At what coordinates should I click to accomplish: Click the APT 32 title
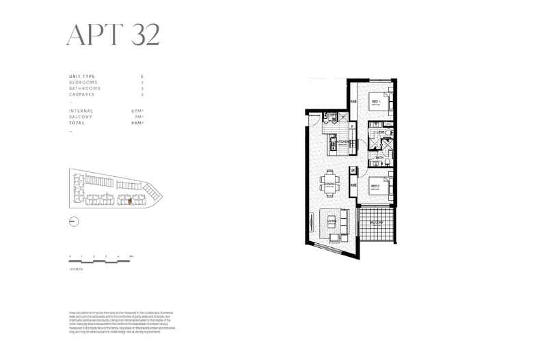(113, 34)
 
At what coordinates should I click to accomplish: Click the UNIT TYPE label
(82, 76)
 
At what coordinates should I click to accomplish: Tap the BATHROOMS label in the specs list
(85, 88)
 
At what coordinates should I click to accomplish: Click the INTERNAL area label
(81, 111)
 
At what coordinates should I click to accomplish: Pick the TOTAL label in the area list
(77, 123)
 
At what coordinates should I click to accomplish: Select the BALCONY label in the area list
(81, 117)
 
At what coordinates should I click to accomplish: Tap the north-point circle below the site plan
(74, 221)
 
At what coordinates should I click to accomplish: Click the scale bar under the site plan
(101, 259)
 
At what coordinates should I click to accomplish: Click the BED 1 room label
(376, 102)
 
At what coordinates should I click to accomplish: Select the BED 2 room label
(375, 185)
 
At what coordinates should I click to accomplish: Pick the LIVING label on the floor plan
(332, 221)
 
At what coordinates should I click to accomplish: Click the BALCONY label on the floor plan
(377, 223)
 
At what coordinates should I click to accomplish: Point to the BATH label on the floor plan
(379, 157)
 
